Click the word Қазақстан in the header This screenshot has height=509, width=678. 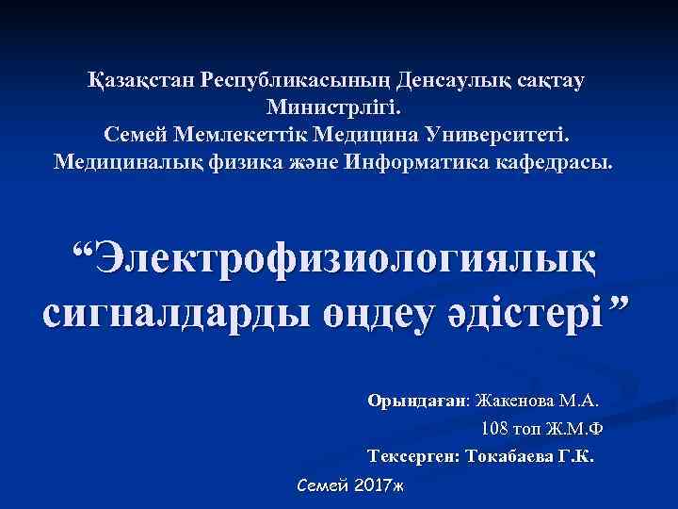coord(137,80)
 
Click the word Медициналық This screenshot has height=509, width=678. coord(124,161)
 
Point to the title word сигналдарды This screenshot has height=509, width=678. coord(151,309)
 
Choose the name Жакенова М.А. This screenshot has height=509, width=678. coord(541,400)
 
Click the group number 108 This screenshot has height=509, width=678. coord(494,429)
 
